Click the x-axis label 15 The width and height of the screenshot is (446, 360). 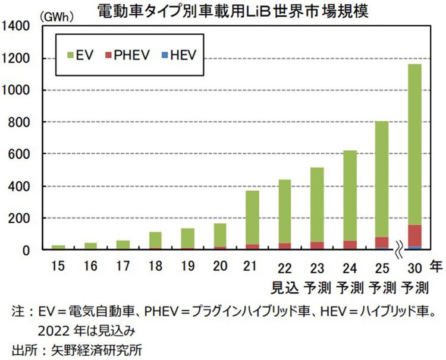coord(58,266)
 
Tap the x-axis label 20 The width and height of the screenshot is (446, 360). coord(220,266)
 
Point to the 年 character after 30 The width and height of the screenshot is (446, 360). coord(436,267)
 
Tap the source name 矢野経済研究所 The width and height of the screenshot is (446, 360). coord(107,349)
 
